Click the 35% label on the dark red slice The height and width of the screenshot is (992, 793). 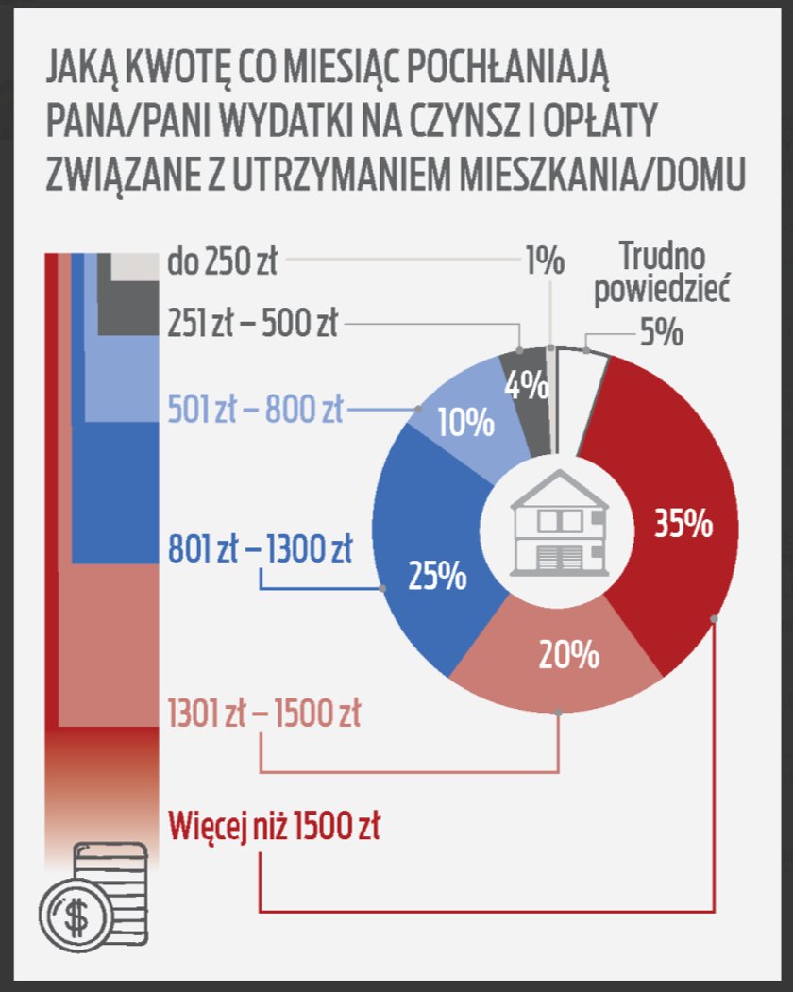click(683, 525)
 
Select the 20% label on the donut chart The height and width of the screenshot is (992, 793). click(569, 654)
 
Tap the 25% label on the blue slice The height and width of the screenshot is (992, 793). click(437, 575)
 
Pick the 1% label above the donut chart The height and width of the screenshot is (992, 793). click(545, 260)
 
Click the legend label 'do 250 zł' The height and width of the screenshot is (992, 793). click(223, 261)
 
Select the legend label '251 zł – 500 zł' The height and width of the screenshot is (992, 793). click(252, 323)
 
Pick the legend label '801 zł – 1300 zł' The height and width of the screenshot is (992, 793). click(261, 548)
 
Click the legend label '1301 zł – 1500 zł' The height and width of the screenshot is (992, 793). click(263, 713)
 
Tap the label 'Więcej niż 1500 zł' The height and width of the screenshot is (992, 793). click(274, 826)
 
